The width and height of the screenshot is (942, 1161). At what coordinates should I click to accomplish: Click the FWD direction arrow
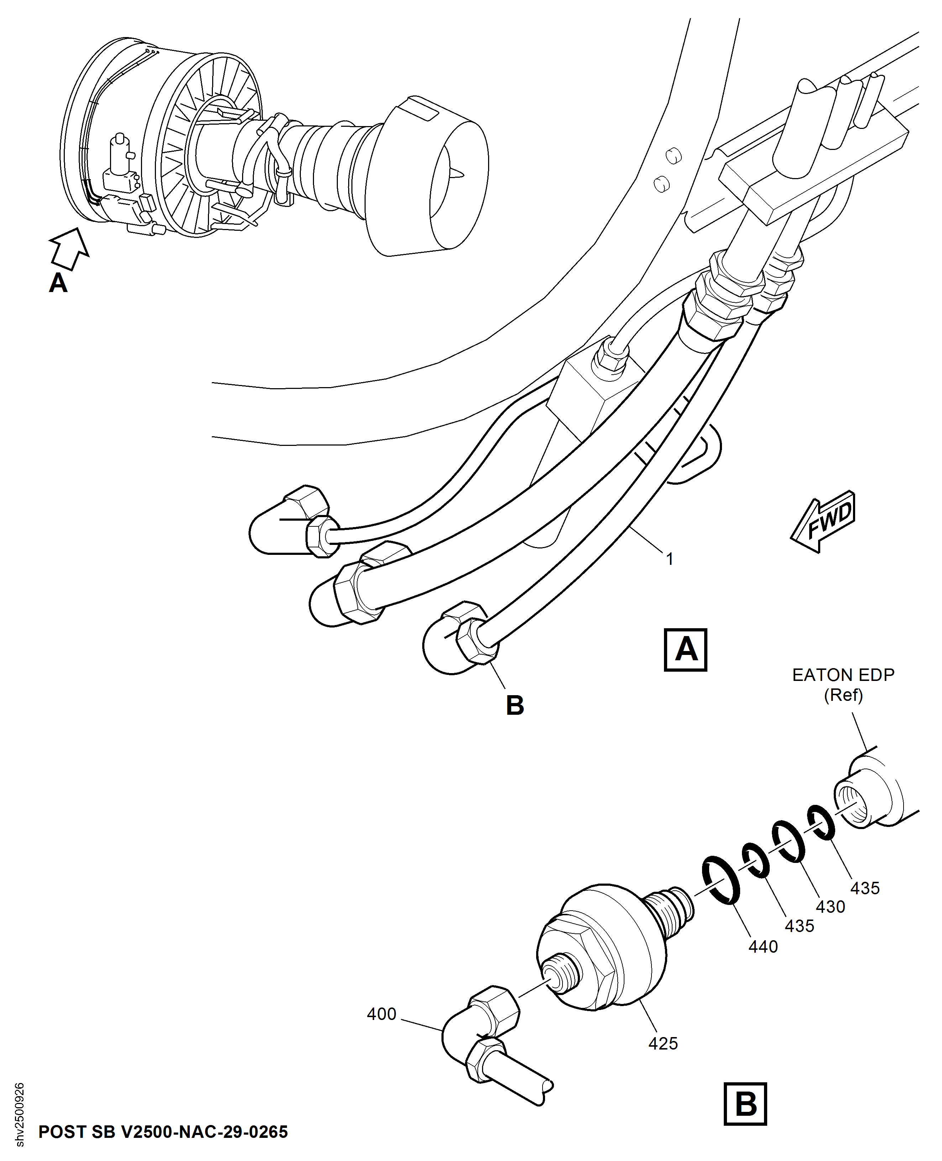tap(823, 522)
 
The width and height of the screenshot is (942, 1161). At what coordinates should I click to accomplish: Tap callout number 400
tap(382, 1014)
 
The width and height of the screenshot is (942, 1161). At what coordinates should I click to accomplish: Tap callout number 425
tap(663, 1043)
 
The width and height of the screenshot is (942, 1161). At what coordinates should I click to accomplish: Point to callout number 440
tap(763, 947)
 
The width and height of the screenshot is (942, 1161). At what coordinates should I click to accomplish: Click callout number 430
tap(830, 906)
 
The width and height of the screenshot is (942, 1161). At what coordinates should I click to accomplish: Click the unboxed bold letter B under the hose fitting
tap(514, 705)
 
